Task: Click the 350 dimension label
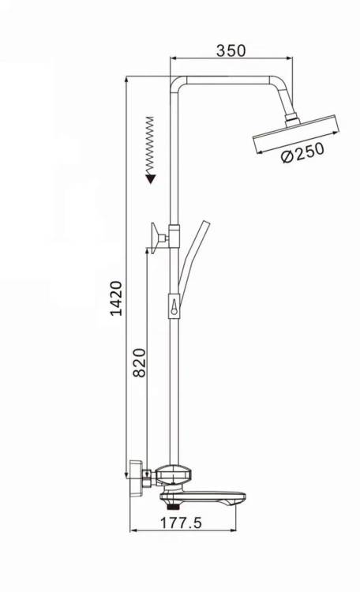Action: (231, 51)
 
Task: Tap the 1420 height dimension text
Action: (116, 298)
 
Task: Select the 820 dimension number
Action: (140, 362)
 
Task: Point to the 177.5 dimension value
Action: (182, 523)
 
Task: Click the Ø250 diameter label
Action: (302, 152)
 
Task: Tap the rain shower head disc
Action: (295, 134)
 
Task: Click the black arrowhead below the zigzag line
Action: (151, 178)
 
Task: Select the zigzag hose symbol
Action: (150, 146)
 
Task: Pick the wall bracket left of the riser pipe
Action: (159, 238)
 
